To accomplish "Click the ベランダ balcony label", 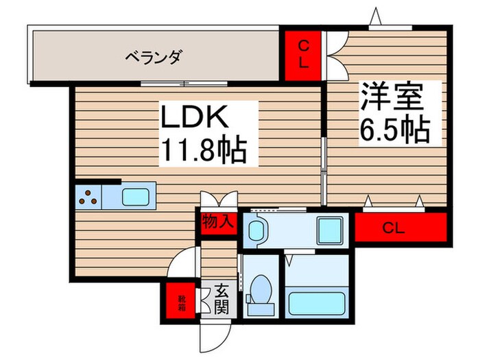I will (x=152, y=58).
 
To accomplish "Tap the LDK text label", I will (x=194, y=118).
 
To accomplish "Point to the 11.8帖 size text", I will (x=203, y=149).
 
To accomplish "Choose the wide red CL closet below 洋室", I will (x=400, y=227).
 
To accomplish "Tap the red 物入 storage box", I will (x=219, y=223).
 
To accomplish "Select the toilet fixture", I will (x=261, y=289).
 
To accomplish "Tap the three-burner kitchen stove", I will (x=88, y=197).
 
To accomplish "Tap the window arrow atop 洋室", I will (x=375, y=15).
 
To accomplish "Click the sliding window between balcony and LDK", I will (x=182, y=84).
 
